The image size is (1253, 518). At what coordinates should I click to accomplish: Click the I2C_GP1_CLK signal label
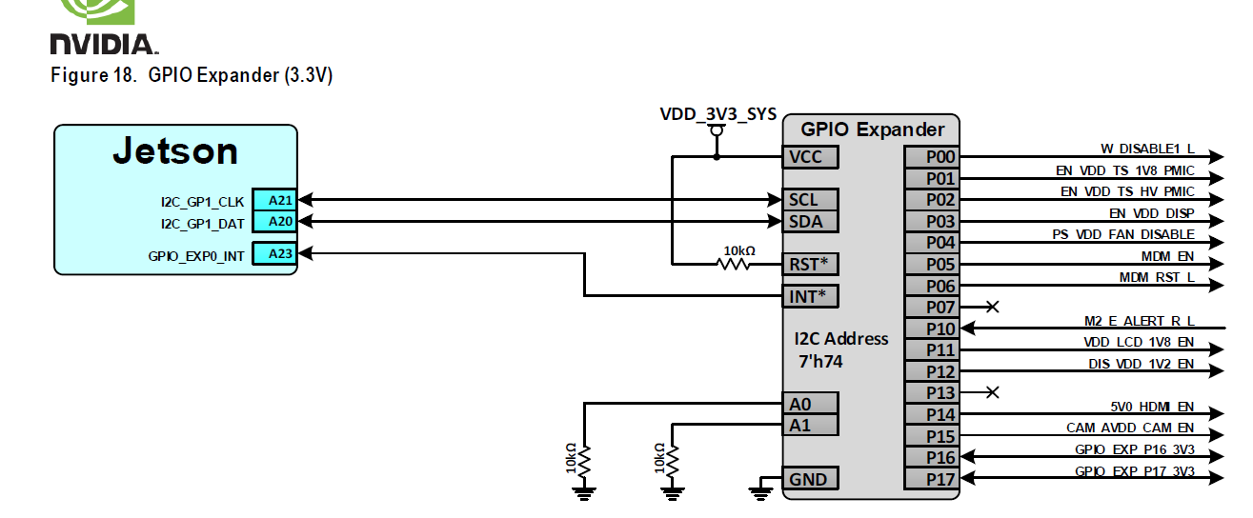[x=202, y=202]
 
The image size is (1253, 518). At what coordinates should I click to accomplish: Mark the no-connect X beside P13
[x=992, y=392]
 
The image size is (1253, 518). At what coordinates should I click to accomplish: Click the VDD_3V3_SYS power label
[x=717, y=114]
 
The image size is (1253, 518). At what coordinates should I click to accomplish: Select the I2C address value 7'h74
[x=820, y=362]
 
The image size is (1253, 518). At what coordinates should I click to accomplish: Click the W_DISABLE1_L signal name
[x=1147, y=149]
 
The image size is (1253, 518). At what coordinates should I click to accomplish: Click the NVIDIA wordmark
[x=104, y=44]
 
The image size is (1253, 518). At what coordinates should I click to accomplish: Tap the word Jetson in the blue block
[x=175, y=151]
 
